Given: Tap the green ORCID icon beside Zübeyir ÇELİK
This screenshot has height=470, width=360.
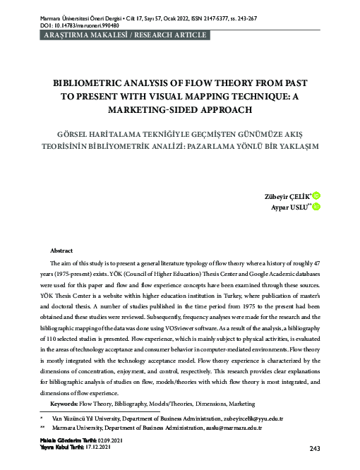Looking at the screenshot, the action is click(x=315, y=194).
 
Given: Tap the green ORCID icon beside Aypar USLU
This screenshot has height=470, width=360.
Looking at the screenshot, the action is click(x=315, y=206).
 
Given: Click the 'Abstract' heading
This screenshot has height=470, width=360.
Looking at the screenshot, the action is click(x=62, y=251).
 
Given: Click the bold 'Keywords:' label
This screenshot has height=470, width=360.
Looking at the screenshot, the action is click(x=64, y=403).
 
